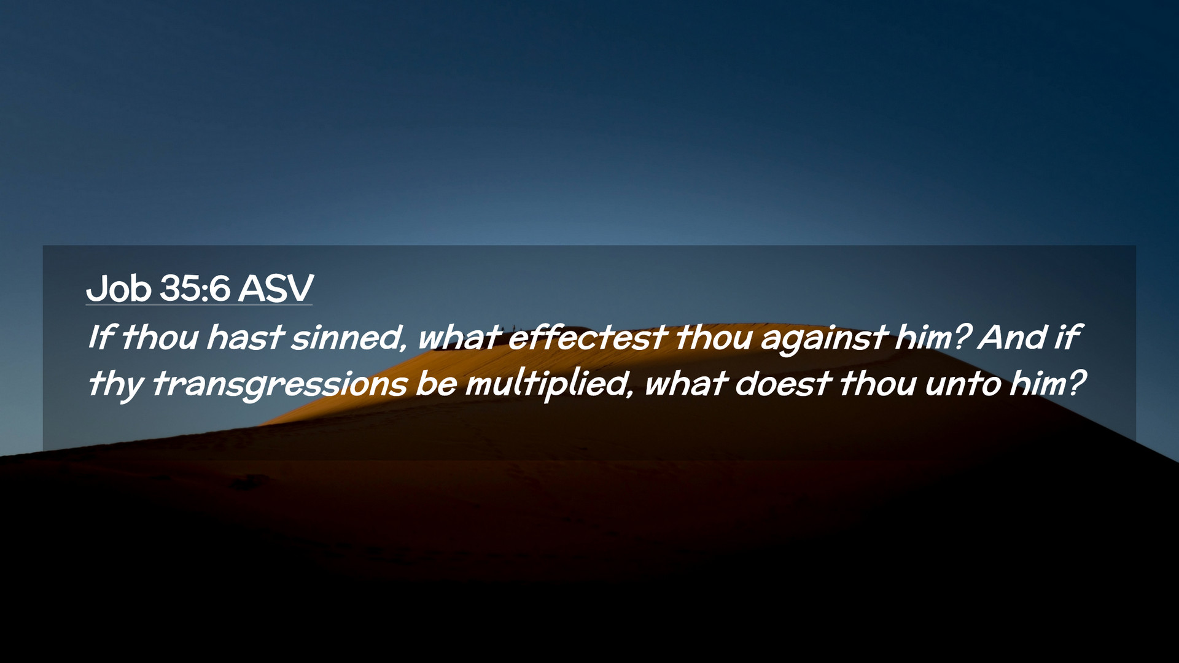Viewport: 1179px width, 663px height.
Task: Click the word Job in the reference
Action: [x=119, y=288]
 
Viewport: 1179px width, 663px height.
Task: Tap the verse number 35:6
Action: [x=195, y=288]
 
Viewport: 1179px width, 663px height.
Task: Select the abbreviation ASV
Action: [x=276, y=288]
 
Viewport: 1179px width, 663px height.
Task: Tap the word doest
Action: [x=783, y=383]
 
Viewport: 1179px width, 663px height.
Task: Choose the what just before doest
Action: [x=685, y=383]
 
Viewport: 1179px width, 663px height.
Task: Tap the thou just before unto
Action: [x=878, y=383]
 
